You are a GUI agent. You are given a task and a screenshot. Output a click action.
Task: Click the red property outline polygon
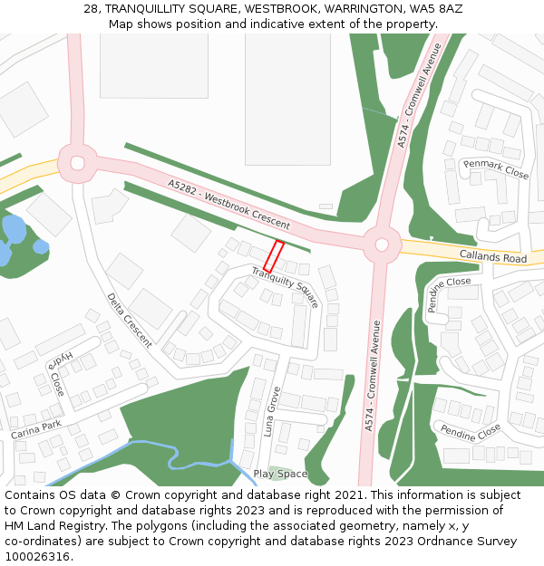tap(274, 256)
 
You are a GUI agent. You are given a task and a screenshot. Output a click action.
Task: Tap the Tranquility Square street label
tap(286, 286)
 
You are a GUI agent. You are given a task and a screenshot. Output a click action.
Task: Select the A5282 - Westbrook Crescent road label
tap(228, 204)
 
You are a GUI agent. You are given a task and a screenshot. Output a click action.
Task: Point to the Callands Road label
tap(492, 257)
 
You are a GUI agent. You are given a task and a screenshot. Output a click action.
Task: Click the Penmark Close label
tap(495, 168)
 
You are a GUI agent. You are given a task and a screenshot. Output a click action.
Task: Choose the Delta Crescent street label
tap(129, 320)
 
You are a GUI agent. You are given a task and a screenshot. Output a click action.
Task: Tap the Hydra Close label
tap(56, 370)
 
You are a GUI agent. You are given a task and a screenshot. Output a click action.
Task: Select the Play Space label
tap(280, 474)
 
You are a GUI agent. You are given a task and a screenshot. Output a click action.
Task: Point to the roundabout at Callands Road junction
tap(382, 244)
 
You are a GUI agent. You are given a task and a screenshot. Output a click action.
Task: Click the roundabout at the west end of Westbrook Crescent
tap(76, 163)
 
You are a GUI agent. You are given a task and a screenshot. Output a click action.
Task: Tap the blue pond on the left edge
tap(13, 237)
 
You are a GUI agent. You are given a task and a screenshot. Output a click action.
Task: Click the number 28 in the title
tap(91, 8)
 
